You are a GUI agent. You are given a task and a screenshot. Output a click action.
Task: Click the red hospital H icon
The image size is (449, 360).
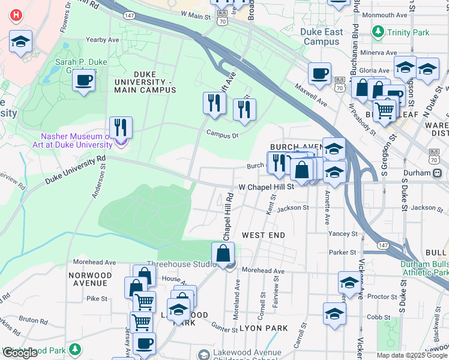[x=16, y=14]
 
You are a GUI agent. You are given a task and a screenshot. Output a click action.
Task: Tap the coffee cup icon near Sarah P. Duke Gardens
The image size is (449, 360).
[x=84, y=79]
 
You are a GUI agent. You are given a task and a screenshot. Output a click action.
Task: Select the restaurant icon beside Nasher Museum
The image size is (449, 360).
[x=121, y=127]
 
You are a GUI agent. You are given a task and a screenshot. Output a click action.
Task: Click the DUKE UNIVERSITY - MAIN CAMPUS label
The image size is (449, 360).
[x=145, y=86]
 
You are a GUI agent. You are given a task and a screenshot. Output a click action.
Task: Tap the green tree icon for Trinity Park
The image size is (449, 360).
[x=378, y=31]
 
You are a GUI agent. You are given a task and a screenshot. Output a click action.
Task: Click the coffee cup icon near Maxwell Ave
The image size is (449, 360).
[x=319, y=73]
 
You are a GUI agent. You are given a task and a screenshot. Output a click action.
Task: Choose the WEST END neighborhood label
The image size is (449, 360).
[x=263, y=235]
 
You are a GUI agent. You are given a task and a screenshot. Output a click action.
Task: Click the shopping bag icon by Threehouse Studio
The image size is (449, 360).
[x=223, y=253]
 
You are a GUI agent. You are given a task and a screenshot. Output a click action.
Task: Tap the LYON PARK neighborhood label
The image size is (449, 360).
[x=263, y=328]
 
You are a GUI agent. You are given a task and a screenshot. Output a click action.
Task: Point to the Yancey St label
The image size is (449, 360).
[x=343, y=234]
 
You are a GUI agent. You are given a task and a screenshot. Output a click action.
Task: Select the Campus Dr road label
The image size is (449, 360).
[x=222, y=135]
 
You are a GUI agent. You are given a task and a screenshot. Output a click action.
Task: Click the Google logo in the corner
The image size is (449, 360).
[x=20, y=353]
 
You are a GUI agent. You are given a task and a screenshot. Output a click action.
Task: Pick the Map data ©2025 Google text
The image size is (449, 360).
[x=411, y=355]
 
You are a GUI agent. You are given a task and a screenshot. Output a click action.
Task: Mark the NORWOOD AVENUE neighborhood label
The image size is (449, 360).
[x=90, y=280]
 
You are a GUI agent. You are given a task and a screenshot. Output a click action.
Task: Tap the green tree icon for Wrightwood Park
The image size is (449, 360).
[x=74, y=349]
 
